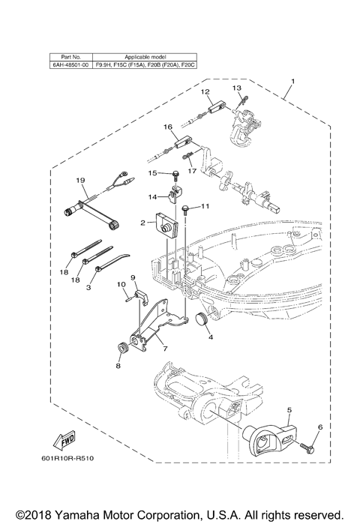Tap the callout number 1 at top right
pos(292,81)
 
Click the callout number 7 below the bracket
pos(164,350)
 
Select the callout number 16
pos(169,127)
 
